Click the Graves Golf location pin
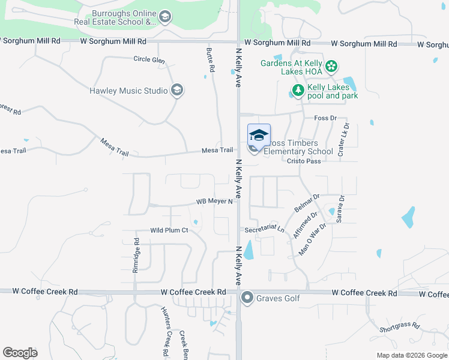coord(247,298)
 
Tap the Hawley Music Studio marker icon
coord(176,91)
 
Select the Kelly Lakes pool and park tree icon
coord(297,91)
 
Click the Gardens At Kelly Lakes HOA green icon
coord(331,67)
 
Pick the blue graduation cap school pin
coord(259,136)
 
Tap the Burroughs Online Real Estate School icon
coord(165,18)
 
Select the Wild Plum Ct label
coord(169,230)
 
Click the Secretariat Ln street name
coord(265,229)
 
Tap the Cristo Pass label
coord(304,161)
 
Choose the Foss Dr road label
coord(325,118)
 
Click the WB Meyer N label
coord(214,202)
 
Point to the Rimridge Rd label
coord(136,256)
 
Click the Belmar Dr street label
coord(307,202)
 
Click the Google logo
coord(20,352)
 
